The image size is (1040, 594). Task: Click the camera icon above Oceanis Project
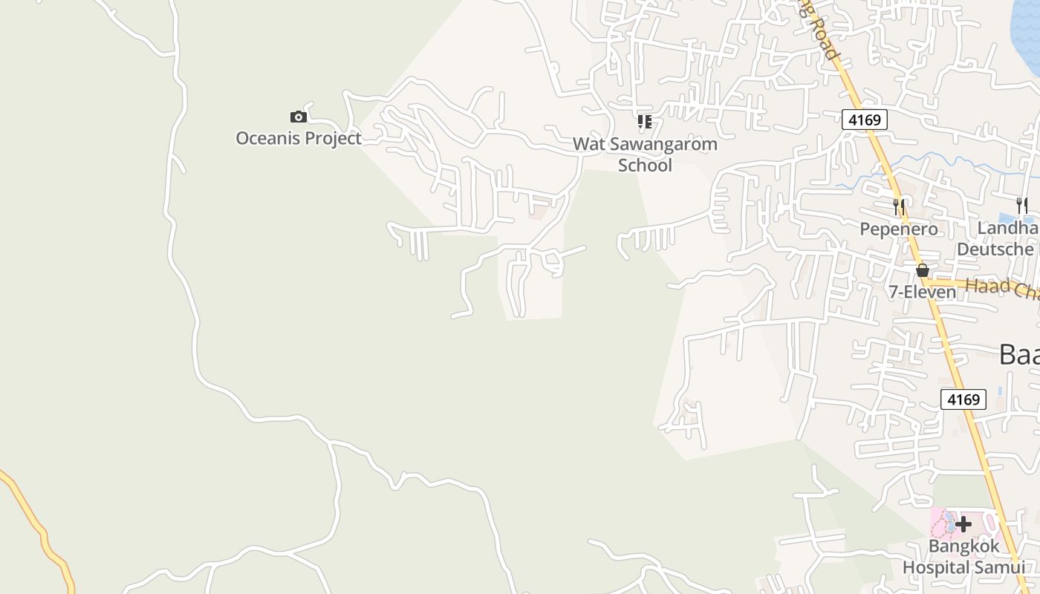click(298, 117)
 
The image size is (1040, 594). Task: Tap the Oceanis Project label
click(299, 138)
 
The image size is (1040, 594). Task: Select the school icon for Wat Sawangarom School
click(644, 121)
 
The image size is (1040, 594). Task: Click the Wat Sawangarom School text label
click(645, 154)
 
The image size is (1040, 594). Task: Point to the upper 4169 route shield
click(865, 120)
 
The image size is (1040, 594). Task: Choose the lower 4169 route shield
click(963, 399)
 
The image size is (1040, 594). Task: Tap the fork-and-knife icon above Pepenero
click(899, 206)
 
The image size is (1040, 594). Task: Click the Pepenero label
click(899, 229)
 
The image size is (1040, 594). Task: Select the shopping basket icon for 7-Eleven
click(922, 270)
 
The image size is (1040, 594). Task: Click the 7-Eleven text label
click(923, 292)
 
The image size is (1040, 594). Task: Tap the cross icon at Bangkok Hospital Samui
click(963, 525)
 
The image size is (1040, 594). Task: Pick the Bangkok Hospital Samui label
click(963, 557)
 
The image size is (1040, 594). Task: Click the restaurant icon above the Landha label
click(1023, 206)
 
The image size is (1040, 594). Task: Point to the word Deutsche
click(995, 249)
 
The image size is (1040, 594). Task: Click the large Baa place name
click(1018, 354)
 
